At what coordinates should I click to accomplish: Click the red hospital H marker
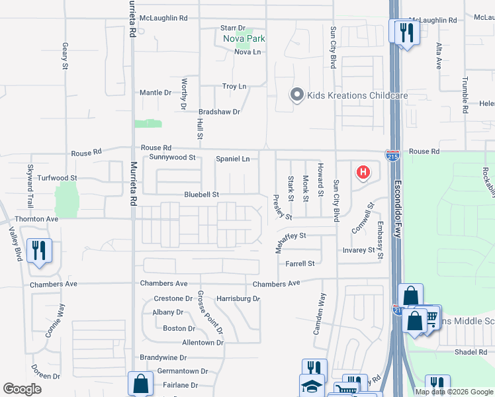tap(363, 173)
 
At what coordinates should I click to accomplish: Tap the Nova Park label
tap(244, 38)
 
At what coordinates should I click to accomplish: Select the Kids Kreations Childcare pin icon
tap(296, 95)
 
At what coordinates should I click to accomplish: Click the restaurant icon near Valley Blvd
tap(39, 250)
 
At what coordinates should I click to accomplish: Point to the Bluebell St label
tap(201, 195)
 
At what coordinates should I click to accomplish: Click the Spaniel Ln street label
tap(233, 159)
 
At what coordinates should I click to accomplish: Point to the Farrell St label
tap(300, 263)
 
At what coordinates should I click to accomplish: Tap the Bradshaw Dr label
tap(219, 112)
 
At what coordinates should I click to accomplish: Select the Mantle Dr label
tap(156, 93)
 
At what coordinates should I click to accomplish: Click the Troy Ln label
tap(234, 87)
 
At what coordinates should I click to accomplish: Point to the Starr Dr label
tap(233, 28)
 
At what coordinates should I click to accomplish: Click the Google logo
tap(22, 389)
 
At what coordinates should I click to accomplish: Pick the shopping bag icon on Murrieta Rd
tap(140, 382)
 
